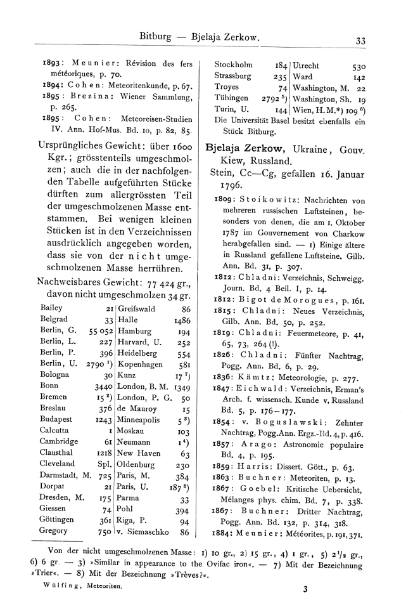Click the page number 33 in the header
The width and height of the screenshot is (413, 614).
point(360,41)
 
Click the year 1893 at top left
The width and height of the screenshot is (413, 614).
point(51,63)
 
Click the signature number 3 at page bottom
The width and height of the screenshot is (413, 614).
point(305,589)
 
